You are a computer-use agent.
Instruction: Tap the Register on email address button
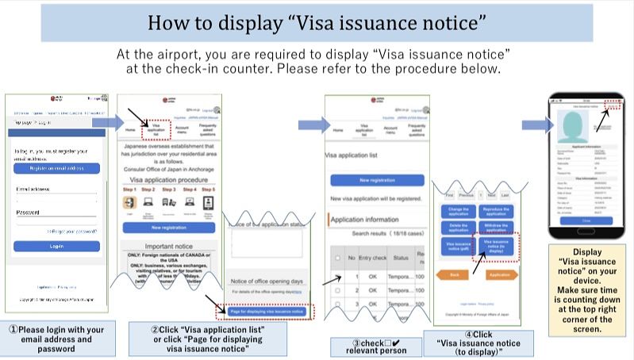coord(56,168)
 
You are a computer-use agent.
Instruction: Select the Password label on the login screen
coord(28,213)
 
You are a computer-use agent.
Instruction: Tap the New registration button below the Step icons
coord(167,228)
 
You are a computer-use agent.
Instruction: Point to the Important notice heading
coord(167,247)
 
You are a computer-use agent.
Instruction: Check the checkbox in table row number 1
coord(336,277)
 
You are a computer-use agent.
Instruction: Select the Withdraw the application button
coord(496,228)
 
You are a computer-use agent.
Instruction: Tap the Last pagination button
coord(505,193)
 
